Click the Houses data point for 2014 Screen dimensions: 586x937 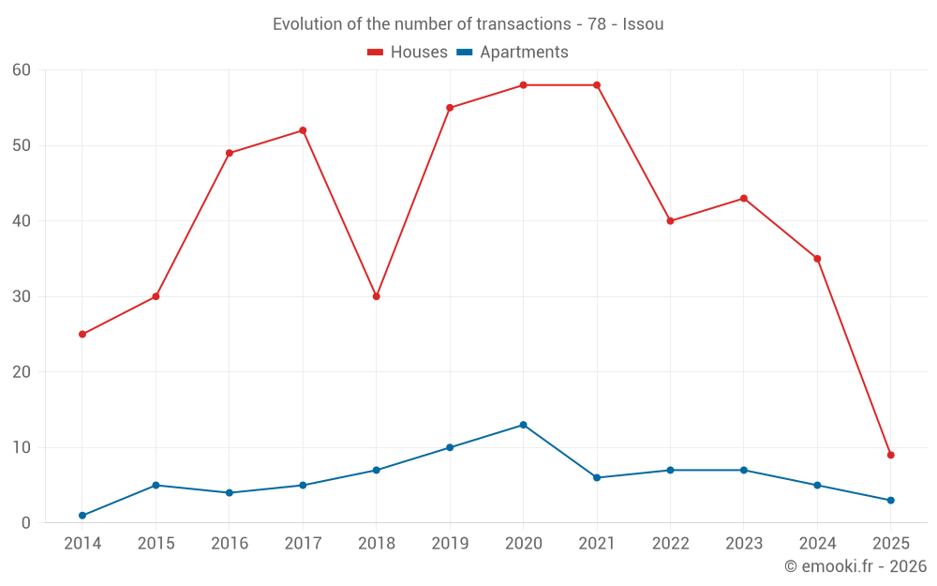[82, 334]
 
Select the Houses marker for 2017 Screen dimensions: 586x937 [303, 130]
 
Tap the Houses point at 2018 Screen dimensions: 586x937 [377, 296]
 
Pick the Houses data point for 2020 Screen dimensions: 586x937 [523, 85]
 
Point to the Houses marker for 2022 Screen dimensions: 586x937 [670, 221]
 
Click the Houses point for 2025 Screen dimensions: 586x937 [890, 455]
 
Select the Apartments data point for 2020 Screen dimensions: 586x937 [523, 425]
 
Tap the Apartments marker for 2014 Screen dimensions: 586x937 [82, 516]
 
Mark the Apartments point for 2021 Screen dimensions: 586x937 [597, 477]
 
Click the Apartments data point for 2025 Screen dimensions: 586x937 [890, 500]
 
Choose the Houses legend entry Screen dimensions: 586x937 [408, 53]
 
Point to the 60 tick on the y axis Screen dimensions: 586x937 [22, 70]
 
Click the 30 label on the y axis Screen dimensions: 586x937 [22, 296]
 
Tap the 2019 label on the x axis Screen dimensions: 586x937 [450, 544]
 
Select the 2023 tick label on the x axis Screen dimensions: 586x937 [743, 544]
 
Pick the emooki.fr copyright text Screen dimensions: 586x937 [855, 566]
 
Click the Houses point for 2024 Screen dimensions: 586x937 [817, 259]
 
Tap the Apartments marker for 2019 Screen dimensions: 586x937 [450, 447]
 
